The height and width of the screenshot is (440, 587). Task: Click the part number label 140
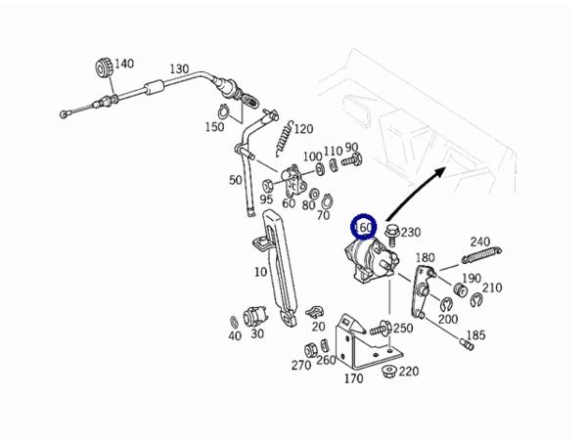pyautogui.click(x=124, y=65)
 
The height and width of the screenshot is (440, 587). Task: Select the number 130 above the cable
pyautogui.click(x=179, y=69)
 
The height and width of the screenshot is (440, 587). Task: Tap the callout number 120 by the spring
pyautogui.click(x=303, y=128)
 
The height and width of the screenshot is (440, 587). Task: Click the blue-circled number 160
pyautogui.click(x=365, y=229)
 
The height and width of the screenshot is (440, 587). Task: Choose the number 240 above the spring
pyautogui.click(x=480, y=242)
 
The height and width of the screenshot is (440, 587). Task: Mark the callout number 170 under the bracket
pyautogui.click(x=354, y=378)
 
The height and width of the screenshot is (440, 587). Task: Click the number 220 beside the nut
pyautogui.click(x=409, y=372)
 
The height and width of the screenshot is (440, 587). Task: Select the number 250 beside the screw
pyautogui.click(x=403, y=328)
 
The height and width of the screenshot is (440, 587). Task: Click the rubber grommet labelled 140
pyautogui.click(x=102, y=68)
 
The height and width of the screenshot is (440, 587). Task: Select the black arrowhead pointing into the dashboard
pyautogui.click(x=442, y=170)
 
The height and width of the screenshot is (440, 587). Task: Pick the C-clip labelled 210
pyautogui.click(x=478, y=299)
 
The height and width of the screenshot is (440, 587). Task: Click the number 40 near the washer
pyautogui.click(x=235, y=336)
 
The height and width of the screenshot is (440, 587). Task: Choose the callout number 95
pyautogui.click(x=266, y=199)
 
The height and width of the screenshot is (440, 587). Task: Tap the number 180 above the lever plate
pyautogui.click(x=425, y=258)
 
